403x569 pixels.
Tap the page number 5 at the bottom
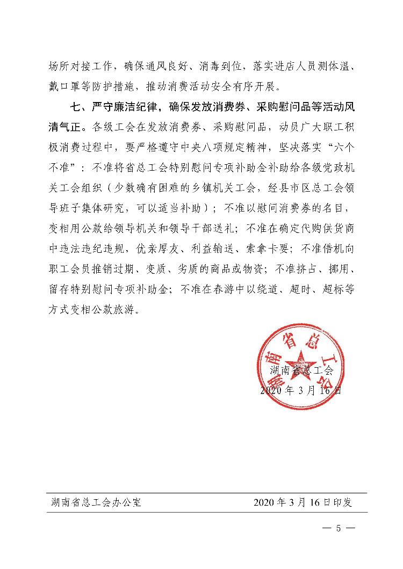point(339,528)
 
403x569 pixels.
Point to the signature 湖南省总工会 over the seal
point(301,370)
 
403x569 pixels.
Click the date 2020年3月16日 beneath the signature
point(300,390)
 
